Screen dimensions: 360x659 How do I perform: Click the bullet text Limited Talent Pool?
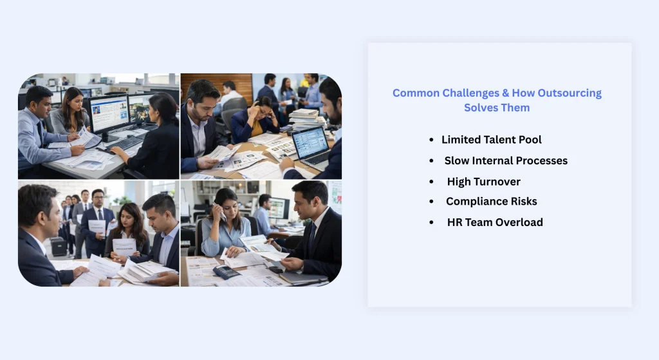click(491, 140)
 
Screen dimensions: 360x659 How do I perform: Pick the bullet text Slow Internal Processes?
click(506, 160)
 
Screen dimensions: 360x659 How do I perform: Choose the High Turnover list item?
click(483, 182)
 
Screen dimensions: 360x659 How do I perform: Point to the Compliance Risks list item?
click(491, 202)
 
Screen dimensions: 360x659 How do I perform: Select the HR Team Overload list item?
click(495, 222)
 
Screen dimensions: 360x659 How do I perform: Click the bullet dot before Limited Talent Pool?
click(431, 140)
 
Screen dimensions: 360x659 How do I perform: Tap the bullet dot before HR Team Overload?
click(431, 222)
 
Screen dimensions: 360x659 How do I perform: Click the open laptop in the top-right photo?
click(311, 144)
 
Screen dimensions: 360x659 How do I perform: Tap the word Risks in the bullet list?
click(523, 202)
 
